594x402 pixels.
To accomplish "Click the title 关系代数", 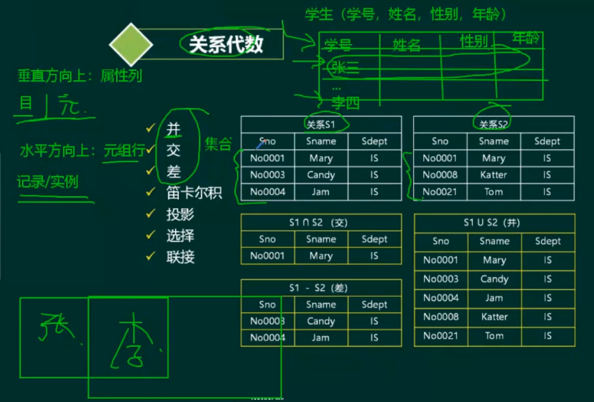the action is (226, 44).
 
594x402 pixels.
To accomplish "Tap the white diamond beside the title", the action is (131, 44).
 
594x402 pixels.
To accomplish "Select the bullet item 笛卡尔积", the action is (194, 193).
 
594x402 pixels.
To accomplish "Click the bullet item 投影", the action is (180, 214).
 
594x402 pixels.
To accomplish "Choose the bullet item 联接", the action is (180, 257).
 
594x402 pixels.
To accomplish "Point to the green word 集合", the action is (218, 144).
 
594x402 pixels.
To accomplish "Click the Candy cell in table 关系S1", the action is (321, 175).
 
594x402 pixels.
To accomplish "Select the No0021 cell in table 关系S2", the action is (440, 192).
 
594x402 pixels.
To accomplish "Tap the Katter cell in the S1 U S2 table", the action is (494, 316).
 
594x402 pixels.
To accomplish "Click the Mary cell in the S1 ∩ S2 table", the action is (321, 256).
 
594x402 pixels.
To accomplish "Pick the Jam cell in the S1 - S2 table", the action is (321, 338).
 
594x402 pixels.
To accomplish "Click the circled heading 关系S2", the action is (493, 124).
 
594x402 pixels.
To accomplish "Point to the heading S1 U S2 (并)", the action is (494, 222).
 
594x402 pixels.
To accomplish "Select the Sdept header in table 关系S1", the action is (374, 141).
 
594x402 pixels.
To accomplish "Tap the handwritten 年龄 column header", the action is (526, 39).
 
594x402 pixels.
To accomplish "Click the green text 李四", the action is (346, 103).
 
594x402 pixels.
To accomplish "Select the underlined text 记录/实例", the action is (48, 182).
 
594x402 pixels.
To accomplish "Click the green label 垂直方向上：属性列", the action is (80, 75).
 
